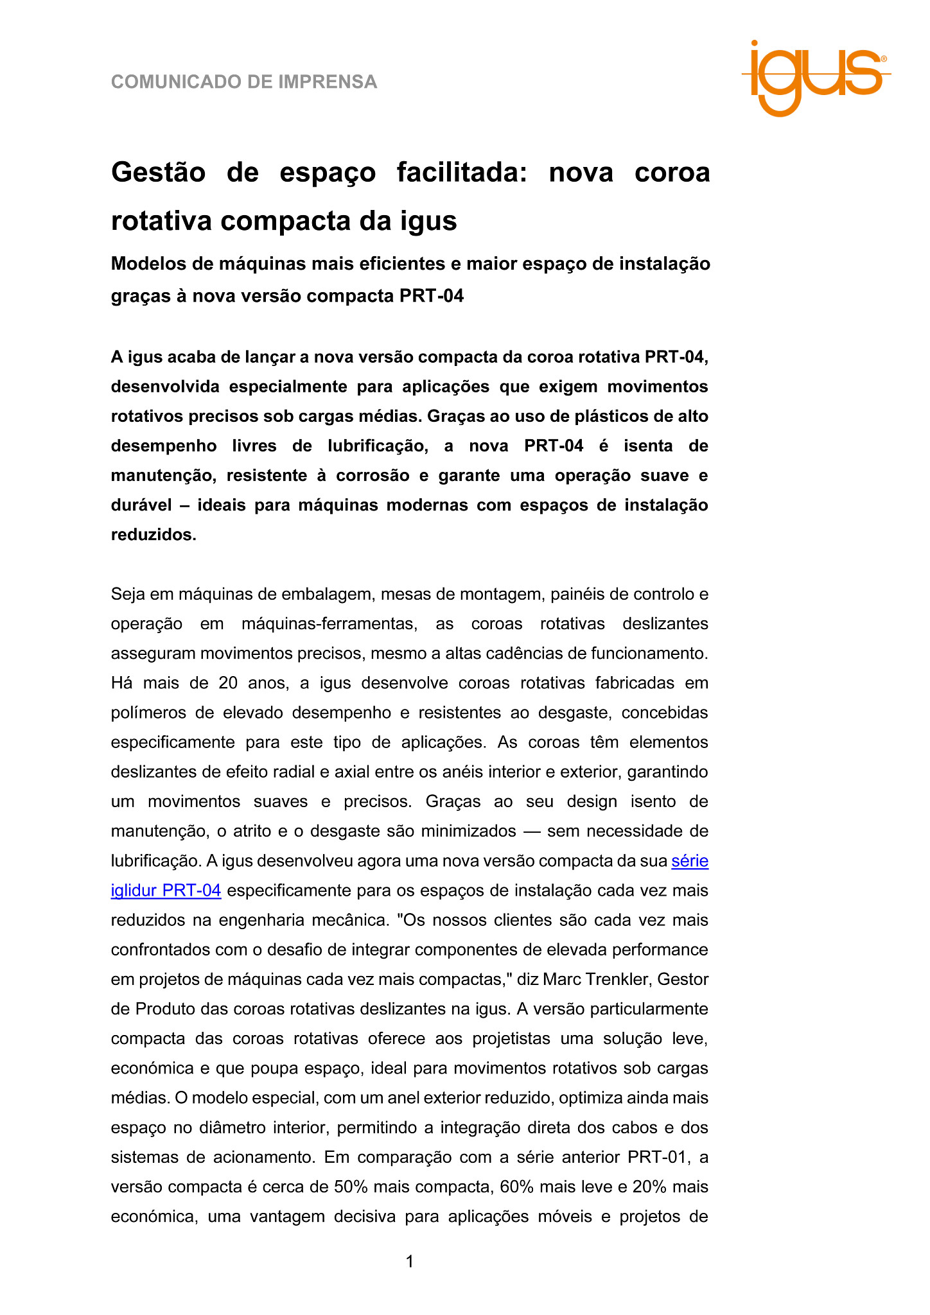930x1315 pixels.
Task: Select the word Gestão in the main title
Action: click(158, 173)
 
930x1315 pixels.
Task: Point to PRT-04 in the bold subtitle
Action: click(432, 296)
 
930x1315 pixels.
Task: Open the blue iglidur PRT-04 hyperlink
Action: click(166, 891)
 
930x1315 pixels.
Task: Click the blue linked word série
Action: click(690, 861)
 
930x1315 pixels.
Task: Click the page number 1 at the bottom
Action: click(410, 1262)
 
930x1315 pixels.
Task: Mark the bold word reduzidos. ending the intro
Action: click(154, 534)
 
